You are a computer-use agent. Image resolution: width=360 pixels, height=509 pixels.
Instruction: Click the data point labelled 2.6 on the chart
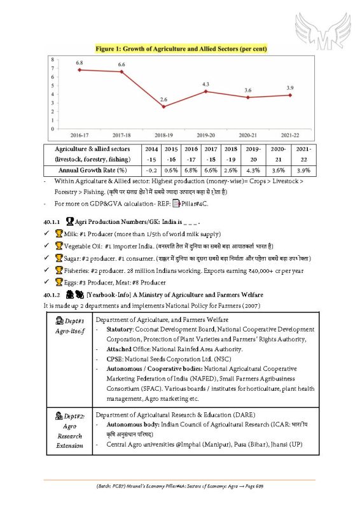(x=163, y=106)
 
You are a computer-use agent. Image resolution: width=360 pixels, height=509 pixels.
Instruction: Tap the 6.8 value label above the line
(x=79, y=63)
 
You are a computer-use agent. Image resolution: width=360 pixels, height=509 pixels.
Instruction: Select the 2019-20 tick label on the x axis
(x=206, y=135)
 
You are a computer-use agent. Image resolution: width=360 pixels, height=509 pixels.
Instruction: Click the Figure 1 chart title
(x=181, y=48)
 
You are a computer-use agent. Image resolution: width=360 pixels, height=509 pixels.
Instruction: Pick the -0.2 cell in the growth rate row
(x=151, y=171)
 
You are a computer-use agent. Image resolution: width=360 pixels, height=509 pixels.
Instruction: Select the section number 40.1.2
(x=52, y=295)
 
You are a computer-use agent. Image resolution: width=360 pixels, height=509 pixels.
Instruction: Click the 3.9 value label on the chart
(x=290, y=87)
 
